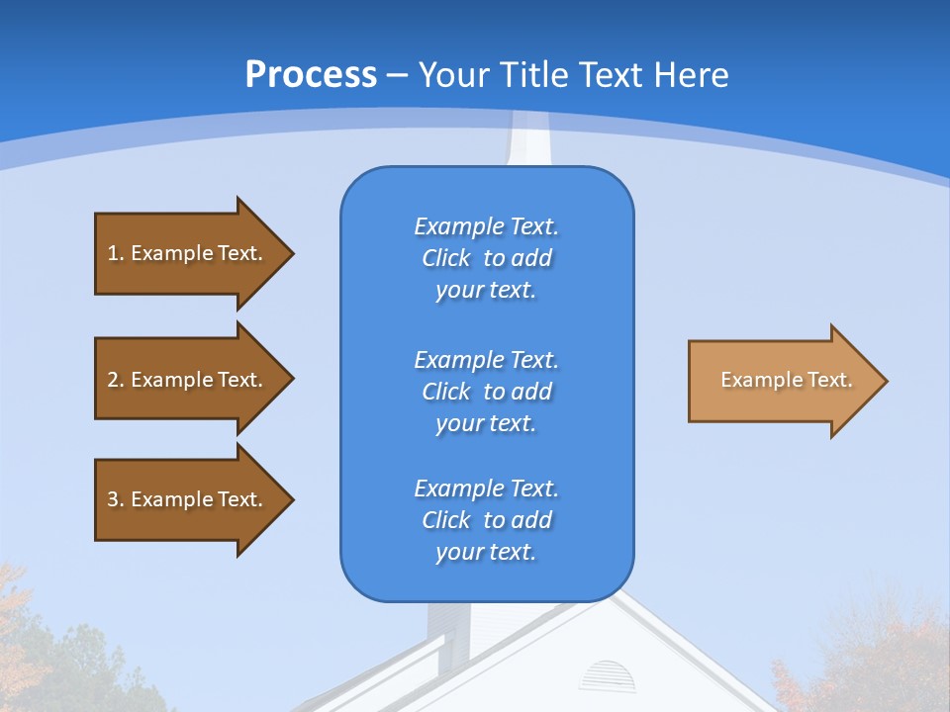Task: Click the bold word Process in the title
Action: (x=311, y=74)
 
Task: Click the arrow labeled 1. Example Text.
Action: (x=188, y=253)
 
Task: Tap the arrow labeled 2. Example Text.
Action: (x=188, y=380)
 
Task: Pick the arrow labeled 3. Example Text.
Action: (x=188, y=499)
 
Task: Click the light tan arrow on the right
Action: (x=782, y=381)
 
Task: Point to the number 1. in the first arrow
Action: (x=115, y=253)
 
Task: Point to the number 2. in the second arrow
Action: (x=115, y=380)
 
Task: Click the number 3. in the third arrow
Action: (x=115, y=499)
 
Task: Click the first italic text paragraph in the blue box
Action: (x=486, y=258)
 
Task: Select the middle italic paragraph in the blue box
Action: (x=486, y=392)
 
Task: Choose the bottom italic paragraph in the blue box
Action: (x=486, y=520)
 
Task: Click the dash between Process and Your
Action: (x=398, y=75)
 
